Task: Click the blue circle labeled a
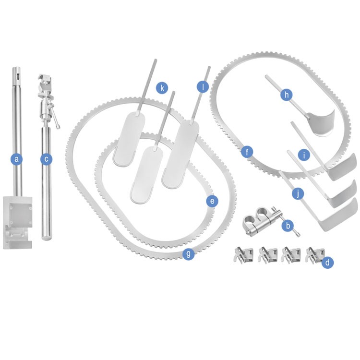pyautogui.click(x=16, y=159)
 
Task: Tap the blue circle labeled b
pyautogui.click(x=288, y=226)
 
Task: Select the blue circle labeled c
pyautogui.click(x=46, y=159)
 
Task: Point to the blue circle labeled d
pyautogui.click(x=327, y=262)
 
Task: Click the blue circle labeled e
pyautogui.click(x=212, y=201)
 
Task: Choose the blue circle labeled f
pyautogui.click(x=247, y=152)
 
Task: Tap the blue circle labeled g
pyautogui.click(x=189, y=254)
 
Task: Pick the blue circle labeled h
pyautogui.click(x=286, y=95)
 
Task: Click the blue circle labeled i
pyautogui.click(x=304, y=155)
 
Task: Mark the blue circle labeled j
pyautogui.click(x=298, y=194)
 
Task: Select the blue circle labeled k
pyautogui.click(x=162, y=88)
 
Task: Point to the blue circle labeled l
pyautogui.click(x=203, y=87)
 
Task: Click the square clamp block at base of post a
pyautogui.click(x=17, y=222)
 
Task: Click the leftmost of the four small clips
pyautogui.click(x=243, y=254)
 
